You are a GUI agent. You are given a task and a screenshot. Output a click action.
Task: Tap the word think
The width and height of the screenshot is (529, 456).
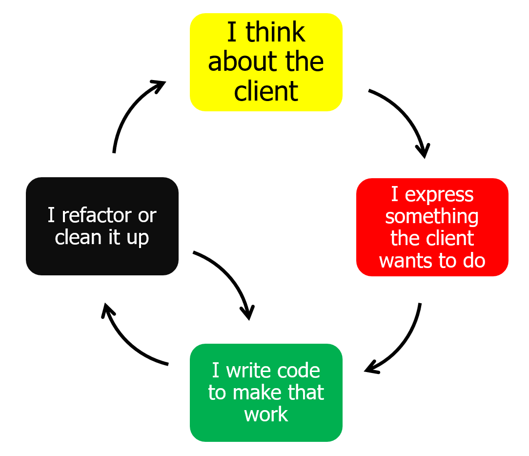(275, 33)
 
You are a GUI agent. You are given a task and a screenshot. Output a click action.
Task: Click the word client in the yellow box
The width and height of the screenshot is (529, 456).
(266, 91)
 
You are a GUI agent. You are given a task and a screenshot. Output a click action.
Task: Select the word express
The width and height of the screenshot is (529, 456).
(439, 195)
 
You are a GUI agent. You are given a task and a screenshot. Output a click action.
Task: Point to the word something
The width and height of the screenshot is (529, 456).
(432, 216)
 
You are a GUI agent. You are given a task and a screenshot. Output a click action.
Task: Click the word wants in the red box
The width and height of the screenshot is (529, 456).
(405, 261)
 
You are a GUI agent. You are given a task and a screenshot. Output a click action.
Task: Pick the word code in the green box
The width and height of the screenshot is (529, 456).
(298, 371)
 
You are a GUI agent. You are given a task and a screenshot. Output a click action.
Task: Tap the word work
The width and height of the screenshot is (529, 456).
(266, 415)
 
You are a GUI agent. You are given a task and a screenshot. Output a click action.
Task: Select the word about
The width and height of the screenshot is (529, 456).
(236, 62)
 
